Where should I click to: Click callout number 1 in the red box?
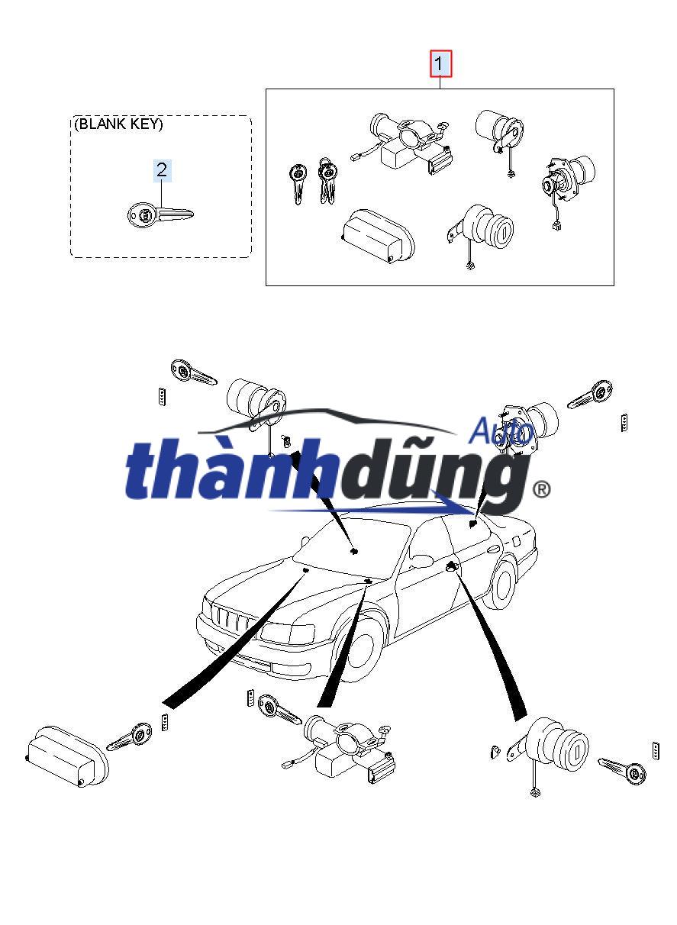tap(441, 64)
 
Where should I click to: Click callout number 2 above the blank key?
tap(162, 170)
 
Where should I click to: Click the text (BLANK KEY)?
tap(118, 124)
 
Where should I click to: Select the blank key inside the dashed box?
tap(159, 214)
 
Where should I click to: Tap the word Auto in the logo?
tap(500, 431)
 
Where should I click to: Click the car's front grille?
tap(229, 619)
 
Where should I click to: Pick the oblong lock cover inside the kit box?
tap(378, 236)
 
